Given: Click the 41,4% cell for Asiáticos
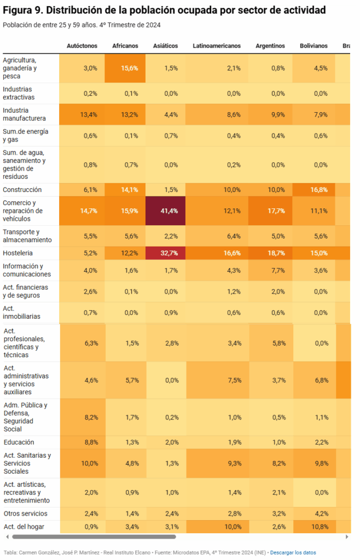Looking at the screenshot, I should point(165,211).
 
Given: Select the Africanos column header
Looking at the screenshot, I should point(125,46).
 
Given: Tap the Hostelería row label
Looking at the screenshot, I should point(18,253).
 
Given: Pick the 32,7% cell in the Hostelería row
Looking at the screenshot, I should point(165,253).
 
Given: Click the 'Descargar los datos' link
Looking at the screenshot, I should point(293,552).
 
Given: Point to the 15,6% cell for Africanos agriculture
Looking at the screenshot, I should point(125,68).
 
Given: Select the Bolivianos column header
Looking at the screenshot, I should point(314,46).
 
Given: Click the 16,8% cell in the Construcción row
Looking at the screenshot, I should point(314,190).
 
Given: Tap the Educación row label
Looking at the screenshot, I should point(19,442).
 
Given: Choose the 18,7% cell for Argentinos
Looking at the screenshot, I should point(270,253).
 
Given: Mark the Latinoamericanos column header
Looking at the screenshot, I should point(217,46).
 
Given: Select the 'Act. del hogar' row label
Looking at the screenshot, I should point(24,527).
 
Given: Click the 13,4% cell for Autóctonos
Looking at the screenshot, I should point(82,114).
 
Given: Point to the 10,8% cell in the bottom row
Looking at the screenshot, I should point(314,527).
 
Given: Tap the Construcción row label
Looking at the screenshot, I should point(22,190).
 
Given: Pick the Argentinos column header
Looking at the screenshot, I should point(270,46).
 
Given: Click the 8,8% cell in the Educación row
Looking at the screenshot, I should point(82,442).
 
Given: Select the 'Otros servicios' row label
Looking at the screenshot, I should point(25,514).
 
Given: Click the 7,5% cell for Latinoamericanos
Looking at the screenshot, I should point(217,380).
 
